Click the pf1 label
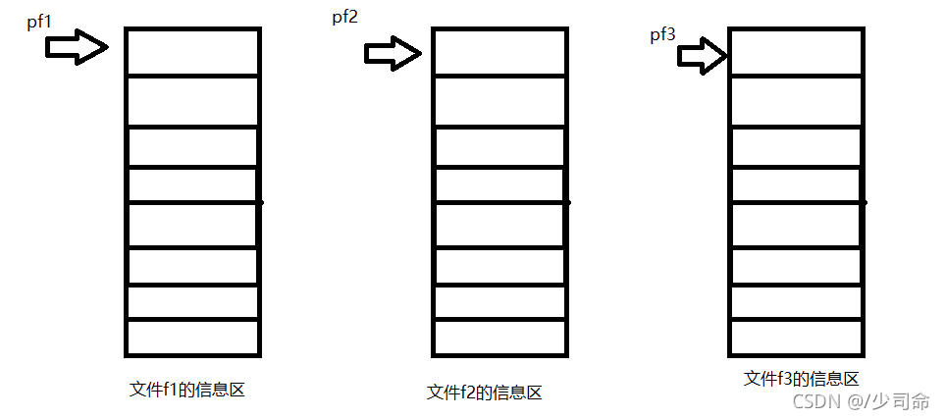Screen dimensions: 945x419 tap(40, 21)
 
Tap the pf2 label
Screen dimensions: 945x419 tap(344, 18)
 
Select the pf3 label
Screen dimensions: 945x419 tap(662, 36)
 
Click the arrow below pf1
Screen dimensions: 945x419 tap(77, 46)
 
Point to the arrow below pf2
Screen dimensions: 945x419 tap(393, 53)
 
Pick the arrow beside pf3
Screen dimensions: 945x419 tap(701, 56)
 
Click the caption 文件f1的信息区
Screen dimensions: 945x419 tap(186, 390)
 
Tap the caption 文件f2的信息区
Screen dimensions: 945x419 tap(485, 393)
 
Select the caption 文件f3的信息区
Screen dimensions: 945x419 tap(802, 379)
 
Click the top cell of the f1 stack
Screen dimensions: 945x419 tap(192, 51)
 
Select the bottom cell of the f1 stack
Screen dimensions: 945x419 tap(192, 337)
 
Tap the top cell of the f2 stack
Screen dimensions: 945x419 tap(499, 51)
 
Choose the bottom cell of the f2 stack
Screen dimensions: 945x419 tap(499, 337)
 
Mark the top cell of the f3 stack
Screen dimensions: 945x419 tap(796, 51)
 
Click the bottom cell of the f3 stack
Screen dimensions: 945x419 tap(796, 337)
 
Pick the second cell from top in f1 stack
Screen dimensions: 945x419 tap(192, 100)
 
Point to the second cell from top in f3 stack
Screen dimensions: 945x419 tap(796, 100)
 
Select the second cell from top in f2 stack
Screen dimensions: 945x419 tap(499, 100)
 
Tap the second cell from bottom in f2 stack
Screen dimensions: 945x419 tap(499, 302)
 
